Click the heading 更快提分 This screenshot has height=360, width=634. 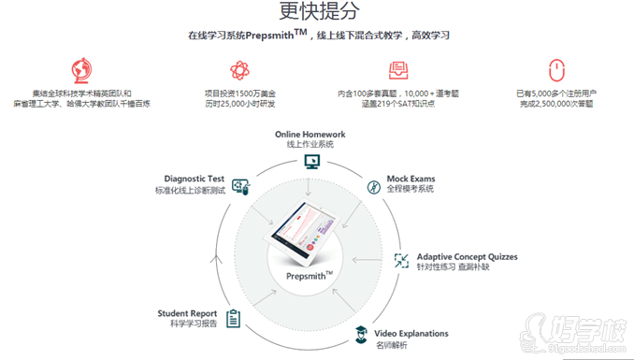point(317,12)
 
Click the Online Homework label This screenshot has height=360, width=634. point(310,135)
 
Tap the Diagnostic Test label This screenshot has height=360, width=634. point(194,179)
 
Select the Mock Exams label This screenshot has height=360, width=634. point(411,179)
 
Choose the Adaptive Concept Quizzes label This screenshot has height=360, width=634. point(467,256)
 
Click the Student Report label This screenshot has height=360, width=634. point(187,313)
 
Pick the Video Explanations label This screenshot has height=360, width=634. point(411,333)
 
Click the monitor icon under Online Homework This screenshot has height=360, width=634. point(311,161)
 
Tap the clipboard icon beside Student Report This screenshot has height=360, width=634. point(233,318)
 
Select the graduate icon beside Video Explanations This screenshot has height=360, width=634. point(359,334)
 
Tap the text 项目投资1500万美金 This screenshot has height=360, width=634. point(239,94)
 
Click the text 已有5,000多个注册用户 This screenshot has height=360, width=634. point(556,94)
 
